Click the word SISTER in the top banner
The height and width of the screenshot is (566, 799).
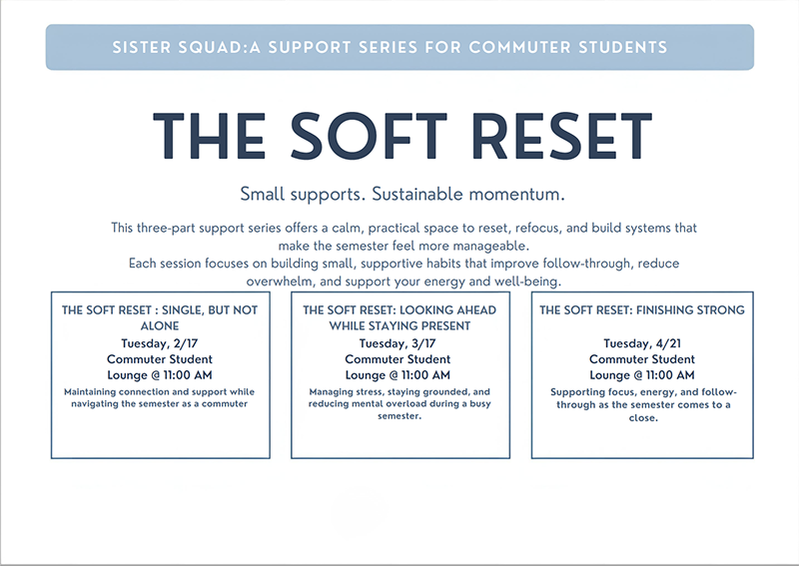(x=142, y=47)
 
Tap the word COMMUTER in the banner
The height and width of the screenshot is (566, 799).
(x=516, y=47)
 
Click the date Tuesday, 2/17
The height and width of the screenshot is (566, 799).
(x=160, y=343)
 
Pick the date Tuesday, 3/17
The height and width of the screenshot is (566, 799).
(x=399, y=343)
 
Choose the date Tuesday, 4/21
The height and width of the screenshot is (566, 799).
(x=641, y=343)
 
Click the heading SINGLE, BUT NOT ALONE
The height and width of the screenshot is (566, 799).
(x=160, y=317)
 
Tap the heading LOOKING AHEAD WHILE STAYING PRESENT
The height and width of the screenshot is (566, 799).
(x=399, y=317)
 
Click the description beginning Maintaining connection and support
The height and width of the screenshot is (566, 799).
(x=160, y=397)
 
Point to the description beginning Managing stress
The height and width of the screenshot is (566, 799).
(x=399, y=403)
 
